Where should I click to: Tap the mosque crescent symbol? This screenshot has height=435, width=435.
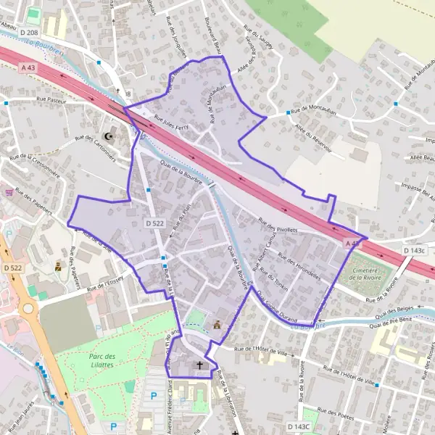pos(110,136)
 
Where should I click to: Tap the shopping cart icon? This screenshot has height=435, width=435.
pos(9,192)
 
